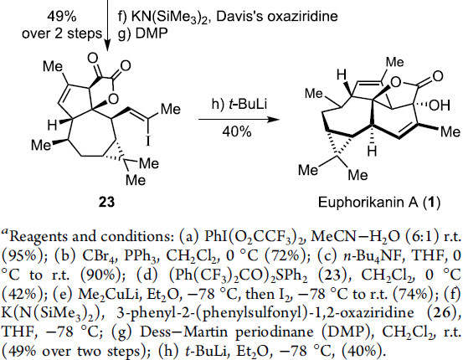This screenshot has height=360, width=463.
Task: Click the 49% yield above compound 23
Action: (x=62, y=17)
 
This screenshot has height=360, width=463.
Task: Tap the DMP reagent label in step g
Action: (x=152, y=33)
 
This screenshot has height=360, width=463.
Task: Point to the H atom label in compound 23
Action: (x=52, y=126)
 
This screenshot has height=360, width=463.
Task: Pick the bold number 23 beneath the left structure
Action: (x=106, y=203)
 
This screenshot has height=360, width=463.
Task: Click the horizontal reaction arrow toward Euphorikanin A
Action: (x=239, y=120)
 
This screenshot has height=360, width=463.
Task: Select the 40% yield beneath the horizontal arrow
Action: (x=237, y=131)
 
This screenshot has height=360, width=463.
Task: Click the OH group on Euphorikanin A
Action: (x=440, y=105)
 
